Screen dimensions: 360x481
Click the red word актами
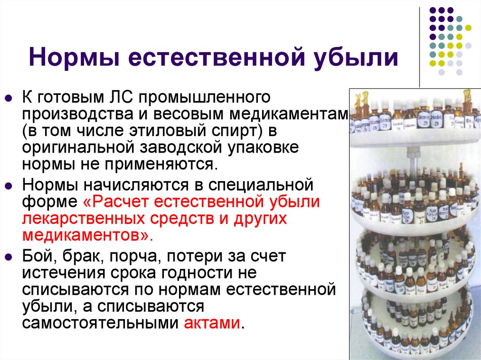[x=212, y=323]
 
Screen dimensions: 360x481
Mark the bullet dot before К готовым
[x=8, y=99]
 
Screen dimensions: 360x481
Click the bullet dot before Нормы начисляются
[x=8, y=186]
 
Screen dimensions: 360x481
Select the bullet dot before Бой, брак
[x=8, y=257]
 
